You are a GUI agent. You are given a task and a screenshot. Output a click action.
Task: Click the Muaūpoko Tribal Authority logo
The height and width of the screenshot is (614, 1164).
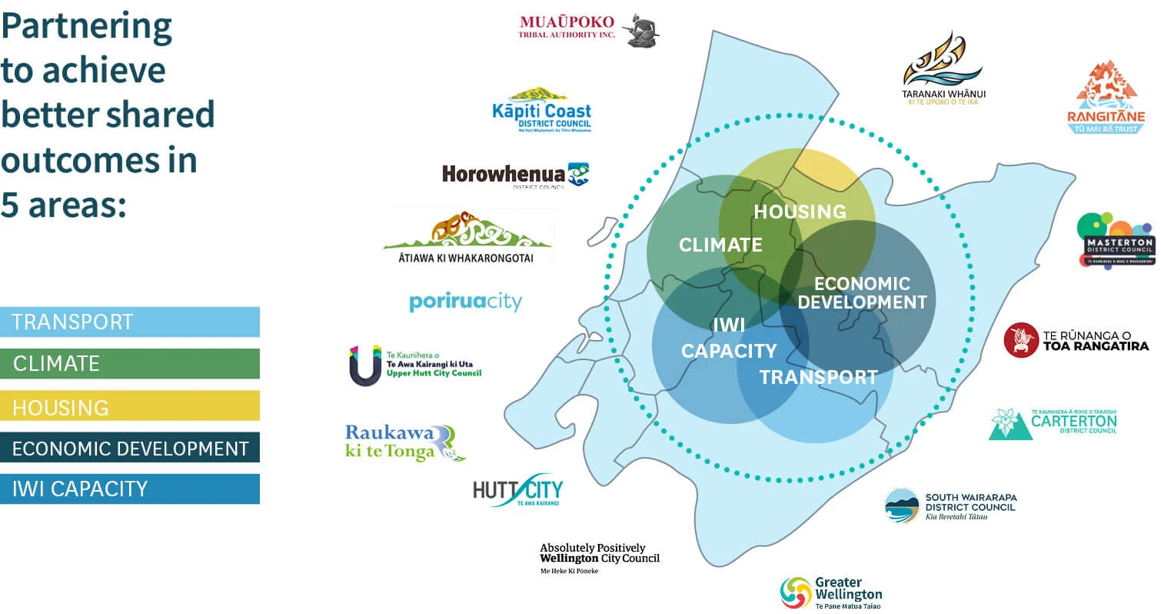click(x=588, y=30)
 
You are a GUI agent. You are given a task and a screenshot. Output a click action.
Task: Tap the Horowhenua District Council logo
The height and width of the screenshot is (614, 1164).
click(x=515, y=176)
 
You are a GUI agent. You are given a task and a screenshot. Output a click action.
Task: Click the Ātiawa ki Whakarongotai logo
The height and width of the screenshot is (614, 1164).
click(x=467, y=238)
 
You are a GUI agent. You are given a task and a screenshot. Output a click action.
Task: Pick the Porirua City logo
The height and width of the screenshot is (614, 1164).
click(x=465, y=302)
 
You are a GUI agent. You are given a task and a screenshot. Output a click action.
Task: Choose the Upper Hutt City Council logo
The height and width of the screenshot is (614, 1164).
click(x=415, y=364)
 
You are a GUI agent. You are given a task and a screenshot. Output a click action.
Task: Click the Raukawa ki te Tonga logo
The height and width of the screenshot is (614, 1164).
click(x=404, y=442)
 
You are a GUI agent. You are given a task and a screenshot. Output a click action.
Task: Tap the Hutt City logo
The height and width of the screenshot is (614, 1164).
click(x=517, y=490)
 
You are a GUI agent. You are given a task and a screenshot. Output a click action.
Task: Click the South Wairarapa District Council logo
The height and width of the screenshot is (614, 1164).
click(x=950, y=506)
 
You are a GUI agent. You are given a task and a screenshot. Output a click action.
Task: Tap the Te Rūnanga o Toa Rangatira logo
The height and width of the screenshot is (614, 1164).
click(x=1076, y=340)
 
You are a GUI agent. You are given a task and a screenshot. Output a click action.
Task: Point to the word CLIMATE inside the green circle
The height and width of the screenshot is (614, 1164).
click(x=720, y=245)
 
